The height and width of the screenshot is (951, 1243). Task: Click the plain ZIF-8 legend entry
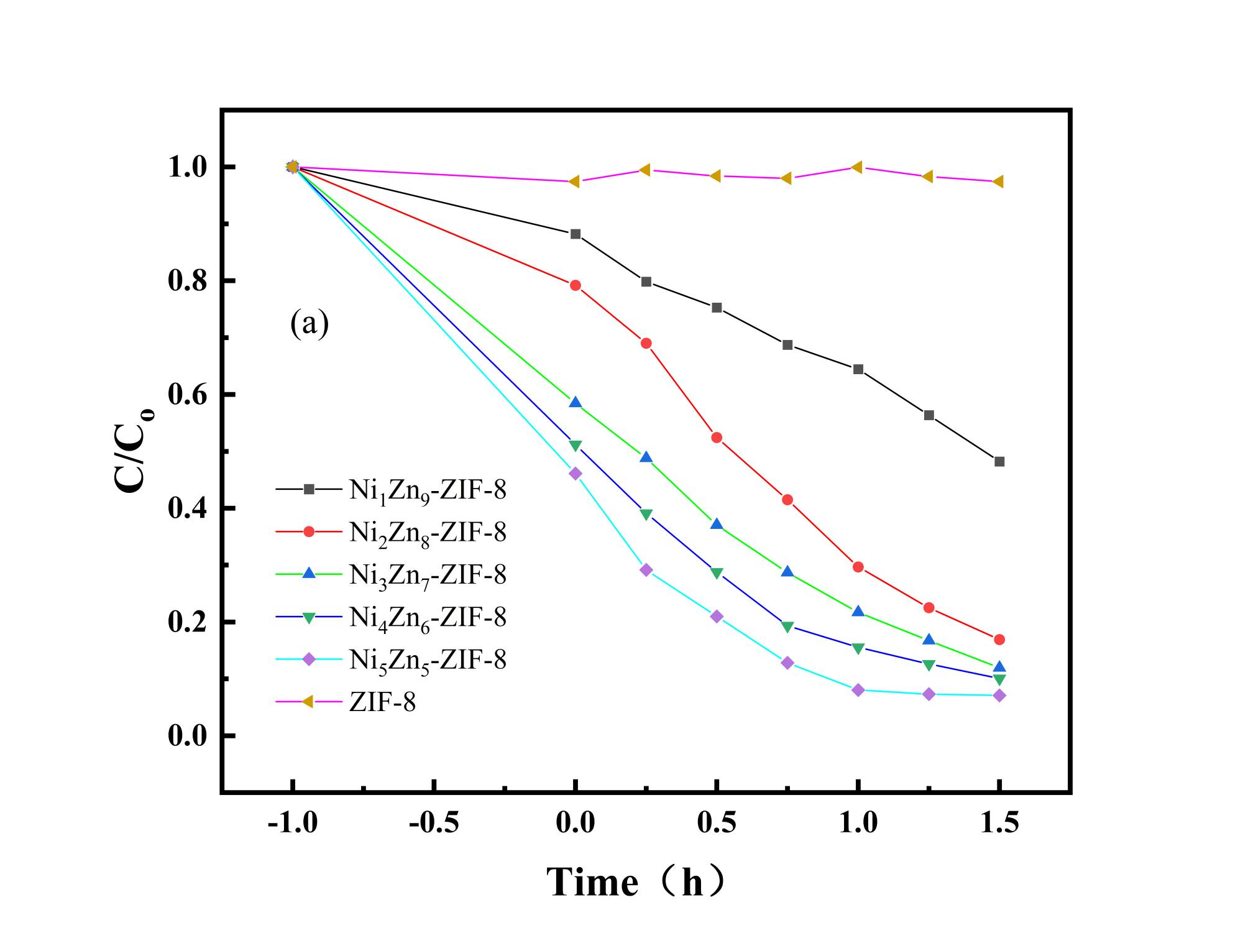pyautogui.click(x=382, y=702)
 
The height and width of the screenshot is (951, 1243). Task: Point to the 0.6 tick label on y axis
pyautogui.click(x=188, y=395)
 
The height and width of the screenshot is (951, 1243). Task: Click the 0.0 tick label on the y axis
pyautogui.click(x=188, y=737)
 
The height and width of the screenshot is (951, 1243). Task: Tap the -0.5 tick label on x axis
pyautogui.click(x=434, y=824)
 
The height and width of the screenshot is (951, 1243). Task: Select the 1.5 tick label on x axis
pyautogui.click(x=999, y=824)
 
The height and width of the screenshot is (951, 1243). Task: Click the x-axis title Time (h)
pyautogui.click(x=635, y=882)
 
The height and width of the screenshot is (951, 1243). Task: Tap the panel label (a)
pyautogui.click(x=310, y=324)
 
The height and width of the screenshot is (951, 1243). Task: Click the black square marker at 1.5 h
pyautogui.click(x=999, y=461)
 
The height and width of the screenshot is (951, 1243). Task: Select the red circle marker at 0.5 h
pyautogui.click(x=717, y=438)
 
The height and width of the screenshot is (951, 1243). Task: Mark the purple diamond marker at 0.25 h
pyautogui.click(x=646, y=570)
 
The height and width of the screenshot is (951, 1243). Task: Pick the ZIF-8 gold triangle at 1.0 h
pyautogui.click(x=858, y=167)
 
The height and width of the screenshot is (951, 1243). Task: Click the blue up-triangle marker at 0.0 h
pyautogui.click(x=576, y=402)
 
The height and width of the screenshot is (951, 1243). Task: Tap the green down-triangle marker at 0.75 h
pyautogui.click(x=787, y=627)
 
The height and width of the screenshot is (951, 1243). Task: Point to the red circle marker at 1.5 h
pyautogui.click(x=999, y=640)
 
